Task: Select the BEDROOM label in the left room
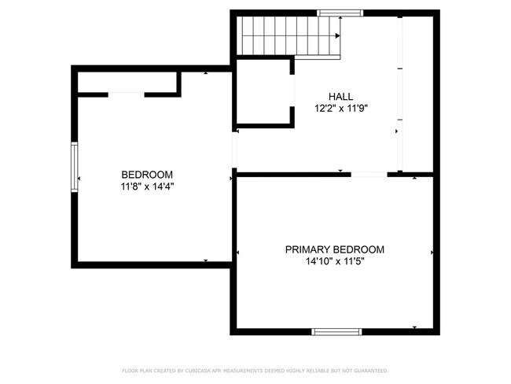tap(147, 175)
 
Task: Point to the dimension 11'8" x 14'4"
tap(147, 187)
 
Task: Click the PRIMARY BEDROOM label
tap(334, 249)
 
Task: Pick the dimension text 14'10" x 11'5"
tap(334, 262)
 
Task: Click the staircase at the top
tap(290, 36)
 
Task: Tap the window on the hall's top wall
tap(340, 13)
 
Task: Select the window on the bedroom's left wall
tap(75, 166)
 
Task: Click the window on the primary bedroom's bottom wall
tap(336, 331)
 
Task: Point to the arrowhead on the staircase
tap(337, 36)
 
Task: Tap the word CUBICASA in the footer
tap(200, 370)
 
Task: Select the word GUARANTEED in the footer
tap(369, 370)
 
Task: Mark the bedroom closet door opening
tap(126, 94)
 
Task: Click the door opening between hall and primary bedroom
tap(369, 174)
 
